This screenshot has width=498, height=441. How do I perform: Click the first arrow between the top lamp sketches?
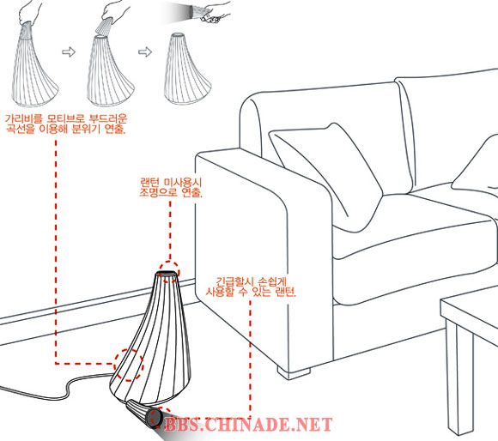pyautogui.click(x=69, y=51)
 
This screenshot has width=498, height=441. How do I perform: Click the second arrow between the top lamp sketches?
pyautogui.click(x=145, y=51)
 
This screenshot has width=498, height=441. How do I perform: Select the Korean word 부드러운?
pyautogui.click(x=108, y=119)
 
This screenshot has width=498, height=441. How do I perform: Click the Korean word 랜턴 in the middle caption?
pyautogui.click(x=150, y=183)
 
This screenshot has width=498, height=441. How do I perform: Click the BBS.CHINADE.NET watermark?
pyautogui.click(x=249, y=424)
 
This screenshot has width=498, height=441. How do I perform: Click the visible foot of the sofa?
pyautogui.click(x=294, y=372)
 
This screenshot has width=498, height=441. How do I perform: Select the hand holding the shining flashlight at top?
pyautogui.click(x=216, y=14)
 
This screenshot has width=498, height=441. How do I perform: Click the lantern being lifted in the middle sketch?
pyautogui.click(x=104, y=26)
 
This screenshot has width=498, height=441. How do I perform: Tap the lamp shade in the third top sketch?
pyautogui.click(x=187, y=69)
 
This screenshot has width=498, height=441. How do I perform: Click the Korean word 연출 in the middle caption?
pyautogui.click(x=191, y=192)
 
